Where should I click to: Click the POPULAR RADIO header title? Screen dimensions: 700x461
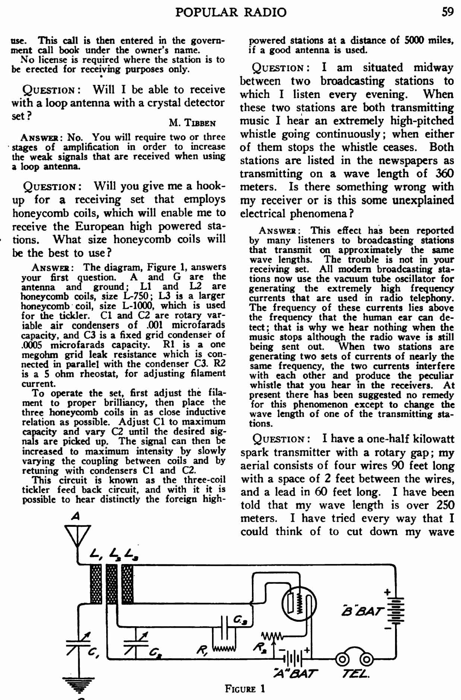pyautogui.click(x=231, y=12)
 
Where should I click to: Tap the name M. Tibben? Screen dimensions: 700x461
pyautogui.click(x=192, y=123)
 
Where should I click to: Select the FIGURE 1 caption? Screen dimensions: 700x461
pyautogui.click(x=245, y=688)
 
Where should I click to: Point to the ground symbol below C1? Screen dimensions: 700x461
pyautogui.click(x=79, y=684)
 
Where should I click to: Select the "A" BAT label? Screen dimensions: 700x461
pyautogui.click(x=296, y=674)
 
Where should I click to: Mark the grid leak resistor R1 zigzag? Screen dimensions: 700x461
pyautogui.click(x=224, y=650)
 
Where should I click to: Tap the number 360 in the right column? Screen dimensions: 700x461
pyautogui.click(x=444, y=174)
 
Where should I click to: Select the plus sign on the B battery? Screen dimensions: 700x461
pyautogui.click(x=388, y=592)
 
